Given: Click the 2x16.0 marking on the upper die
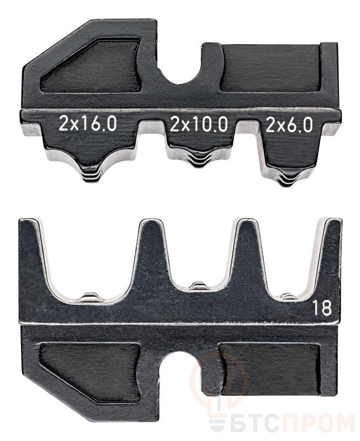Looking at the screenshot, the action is [88, 123].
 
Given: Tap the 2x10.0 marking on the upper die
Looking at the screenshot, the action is [199, 125].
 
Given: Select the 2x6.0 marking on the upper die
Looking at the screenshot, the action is [289, 125].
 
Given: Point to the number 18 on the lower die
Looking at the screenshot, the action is [323, 308].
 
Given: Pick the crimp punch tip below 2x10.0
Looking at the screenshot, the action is [199, 161].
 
